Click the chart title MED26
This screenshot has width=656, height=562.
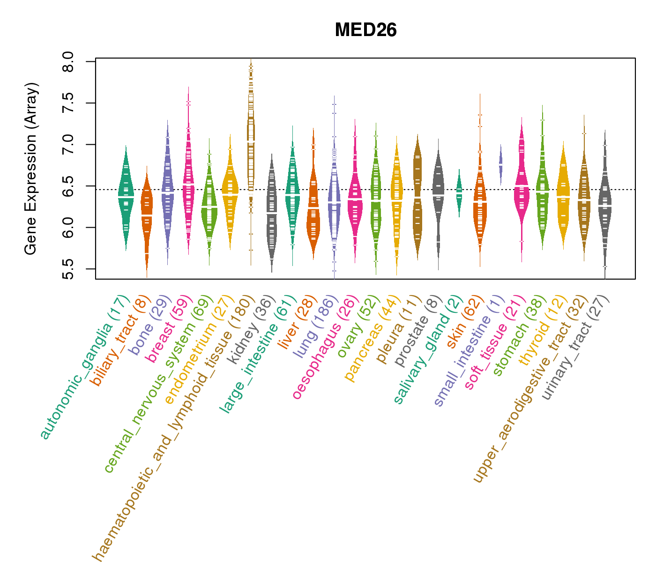(365, 30)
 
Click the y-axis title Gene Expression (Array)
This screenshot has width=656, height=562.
(31, 169)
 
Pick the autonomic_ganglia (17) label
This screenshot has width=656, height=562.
(84, 367)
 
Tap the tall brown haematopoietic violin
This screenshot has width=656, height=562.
(251, 140)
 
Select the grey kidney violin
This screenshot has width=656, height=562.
(272, 211)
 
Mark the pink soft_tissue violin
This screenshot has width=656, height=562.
(522, 187)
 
